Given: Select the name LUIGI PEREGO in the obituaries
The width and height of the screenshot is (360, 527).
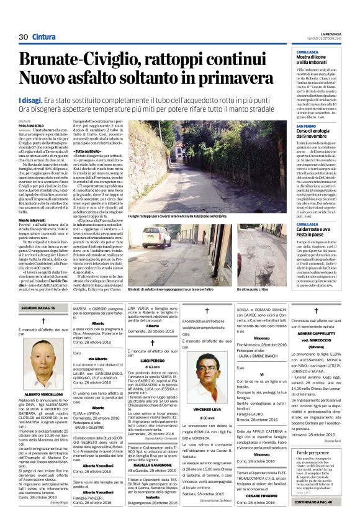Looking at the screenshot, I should point(152,360).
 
